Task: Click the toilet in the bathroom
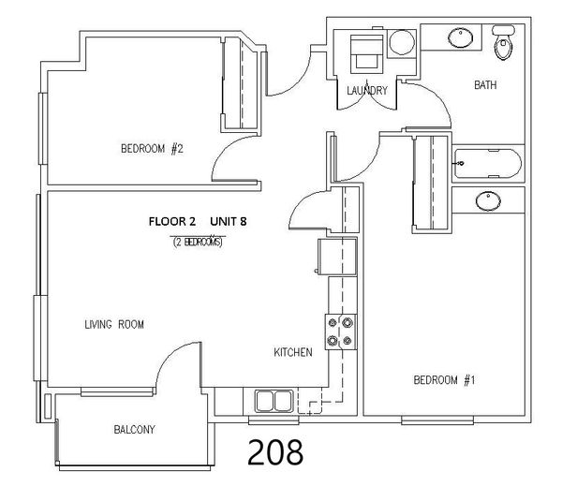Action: (x=503, y=42)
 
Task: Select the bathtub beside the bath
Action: (x=487, y=164)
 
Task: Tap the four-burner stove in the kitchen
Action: (x=341, y=332)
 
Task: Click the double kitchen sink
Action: (x=274, y=401)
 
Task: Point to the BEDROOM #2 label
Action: (x=152, y=148)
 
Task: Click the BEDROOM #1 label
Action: (x=444, y=380)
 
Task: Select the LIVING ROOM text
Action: (x=114, y=325)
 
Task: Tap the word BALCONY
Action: (x=134, y=429)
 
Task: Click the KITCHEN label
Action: (x=293, y=352)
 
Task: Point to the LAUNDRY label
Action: (x=367, y=90)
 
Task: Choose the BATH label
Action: (x=485, y=85)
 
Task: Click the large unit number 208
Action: (x=275, y=452)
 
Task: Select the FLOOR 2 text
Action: (x=172, y=222)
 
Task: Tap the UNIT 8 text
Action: (x=229, y=222)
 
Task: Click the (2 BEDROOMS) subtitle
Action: (x=198, y=243)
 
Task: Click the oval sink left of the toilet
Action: (x=461, y=37)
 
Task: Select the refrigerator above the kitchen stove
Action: (x=337, y=257)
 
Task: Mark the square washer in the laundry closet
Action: (x=366, y=54)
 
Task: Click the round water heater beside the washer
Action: (x=402, y=42)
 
